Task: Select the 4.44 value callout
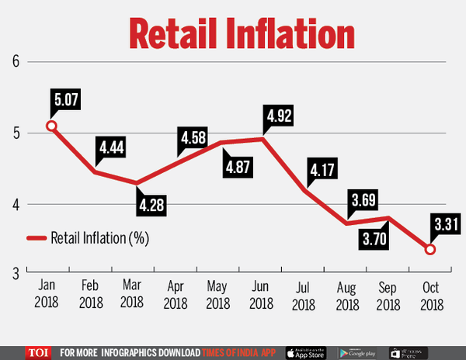click(112, 147)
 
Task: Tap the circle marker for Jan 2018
click(51, 126)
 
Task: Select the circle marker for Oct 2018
click(431, 249)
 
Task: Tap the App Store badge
click(305, 351)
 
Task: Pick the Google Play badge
click(358, 351)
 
